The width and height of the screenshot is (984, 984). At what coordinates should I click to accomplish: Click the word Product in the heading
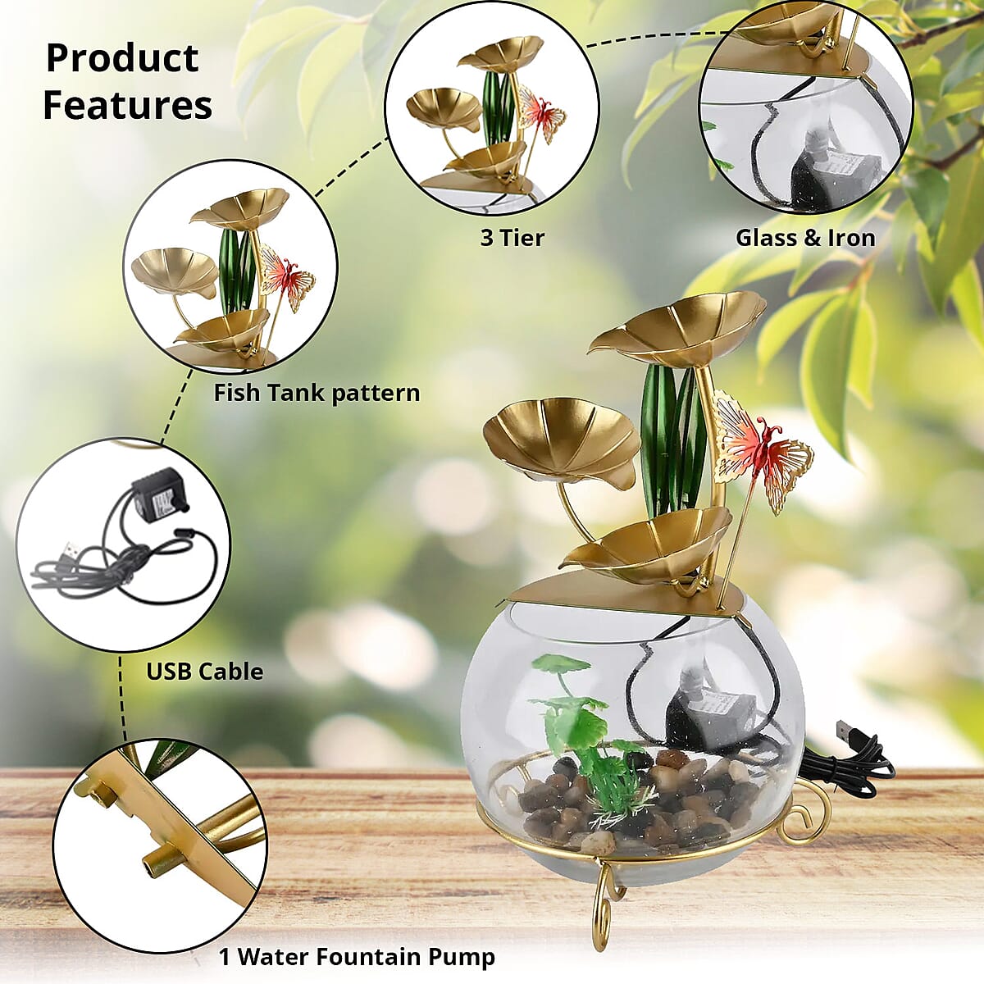[x=122, y=59]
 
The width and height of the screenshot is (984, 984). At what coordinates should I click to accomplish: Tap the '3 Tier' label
[x=512, y=238]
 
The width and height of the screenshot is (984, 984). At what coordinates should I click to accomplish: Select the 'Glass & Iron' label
[x=805, y=238]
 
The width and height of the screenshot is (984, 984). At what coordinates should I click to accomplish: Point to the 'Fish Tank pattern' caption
[x=317, y=394]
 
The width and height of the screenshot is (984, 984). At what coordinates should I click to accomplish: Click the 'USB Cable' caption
[x=205, y=671]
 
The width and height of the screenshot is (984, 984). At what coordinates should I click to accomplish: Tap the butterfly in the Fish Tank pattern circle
[x=288, y=278]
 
